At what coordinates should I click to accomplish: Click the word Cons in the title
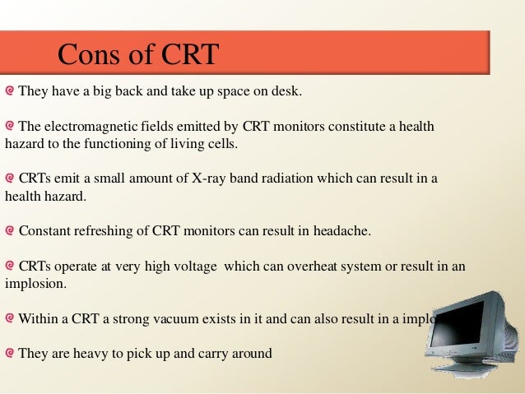86,54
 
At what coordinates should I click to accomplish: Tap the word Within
38,318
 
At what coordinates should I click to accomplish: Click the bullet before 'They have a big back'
9,90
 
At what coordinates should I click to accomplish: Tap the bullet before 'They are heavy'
9,354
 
